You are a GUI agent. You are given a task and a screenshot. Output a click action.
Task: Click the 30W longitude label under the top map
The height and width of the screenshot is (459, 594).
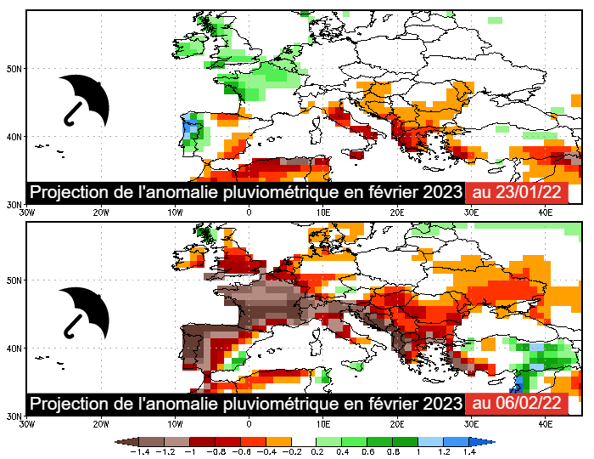pyautogui.click(x=25, y=212)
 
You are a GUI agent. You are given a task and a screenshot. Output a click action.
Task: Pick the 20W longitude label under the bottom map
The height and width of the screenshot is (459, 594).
pyautogui.click(x=100, y=423)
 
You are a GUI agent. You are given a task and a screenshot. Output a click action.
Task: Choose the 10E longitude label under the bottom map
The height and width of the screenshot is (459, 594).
pyautogui.click(x=322, y=423)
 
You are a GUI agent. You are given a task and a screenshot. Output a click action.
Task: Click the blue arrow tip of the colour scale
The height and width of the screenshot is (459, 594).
pyautogui.click(x=490, y=442)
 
